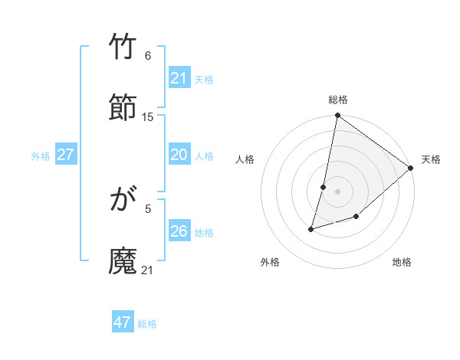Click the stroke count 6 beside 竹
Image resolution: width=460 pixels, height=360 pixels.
(147, 56)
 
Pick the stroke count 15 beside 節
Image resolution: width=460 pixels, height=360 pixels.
(148, 116)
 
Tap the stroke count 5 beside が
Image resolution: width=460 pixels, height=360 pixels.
(147, 208)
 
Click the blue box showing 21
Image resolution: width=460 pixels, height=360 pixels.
(179, 78)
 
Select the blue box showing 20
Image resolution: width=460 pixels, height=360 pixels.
(179, 155)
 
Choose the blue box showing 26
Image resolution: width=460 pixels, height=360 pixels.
(179, 231)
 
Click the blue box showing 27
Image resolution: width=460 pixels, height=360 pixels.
(65, 155)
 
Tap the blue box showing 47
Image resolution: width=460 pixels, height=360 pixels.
(122, 322)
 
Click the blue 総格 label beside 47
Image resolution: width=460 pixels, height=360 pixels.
(147, 324)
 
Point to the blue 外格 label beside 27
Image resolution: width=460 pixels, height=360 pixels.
(41, 156)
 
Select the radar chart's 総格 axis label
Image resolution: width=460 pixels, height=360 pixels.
(337, 100)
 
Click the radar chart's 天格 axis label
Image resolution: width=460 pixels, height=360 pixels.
(431, 159)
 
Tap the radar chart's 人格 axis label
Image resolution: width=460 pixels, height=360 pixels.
(245, 159)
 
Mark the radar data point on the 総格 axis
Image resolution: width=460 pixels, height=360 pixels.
(337, 116)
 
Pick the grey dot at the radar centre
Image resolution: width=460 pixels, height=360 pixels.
(337, 191)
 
